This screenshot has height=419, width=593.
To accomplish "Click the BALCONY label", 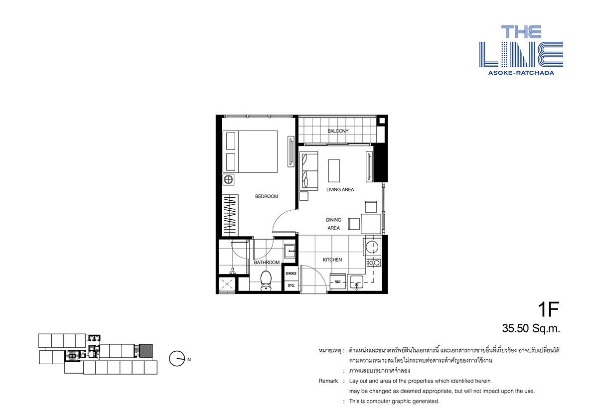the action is tap(338, 131).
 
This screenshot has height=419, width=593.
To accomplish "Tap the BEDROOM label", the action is tap(266, 196).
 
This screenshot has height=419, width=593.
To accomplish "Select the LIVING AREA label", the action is tap(340, 189).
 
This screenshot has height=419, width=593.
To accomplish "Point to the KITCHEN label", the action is tap(332, 260).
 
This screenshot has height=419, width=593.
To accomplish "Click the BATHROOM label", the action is tap(267, 263).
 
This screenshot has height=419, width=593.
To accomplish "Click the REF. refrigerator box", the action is tap(338, 282).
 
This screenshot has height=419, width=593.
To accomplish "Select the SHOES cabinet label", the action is tap(291, 274).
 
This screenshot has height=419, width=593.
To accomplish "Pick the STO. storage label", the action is tap(291, 285).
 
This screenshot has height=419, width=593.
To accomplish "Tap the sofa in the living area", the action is tap(308, 170).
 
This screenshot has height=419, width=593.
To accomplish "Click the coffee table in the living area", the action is tap(333, 171).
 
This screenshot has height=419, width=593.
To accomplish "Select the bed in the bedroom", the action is tap(250, 151).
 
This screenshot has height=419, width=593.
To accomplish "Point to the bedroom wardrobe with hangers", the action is tap(230, 215).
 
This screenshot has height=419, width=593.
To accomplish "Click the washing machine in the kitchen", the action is tap(371, 247).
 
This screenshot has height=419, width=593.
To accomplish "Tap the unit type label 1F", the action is tap(548, 310).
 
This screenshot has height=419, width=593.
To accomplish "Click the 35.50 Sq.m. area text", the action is tap(531, 328).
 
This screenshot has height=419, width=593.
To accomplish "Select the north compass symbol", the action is tap(176, 359).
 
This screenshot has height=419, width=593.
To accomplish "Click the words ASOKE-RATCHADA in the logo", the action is tap(521, 73).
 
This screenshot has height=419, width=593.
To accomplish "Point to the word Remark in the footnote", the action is tap(328, 381).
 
